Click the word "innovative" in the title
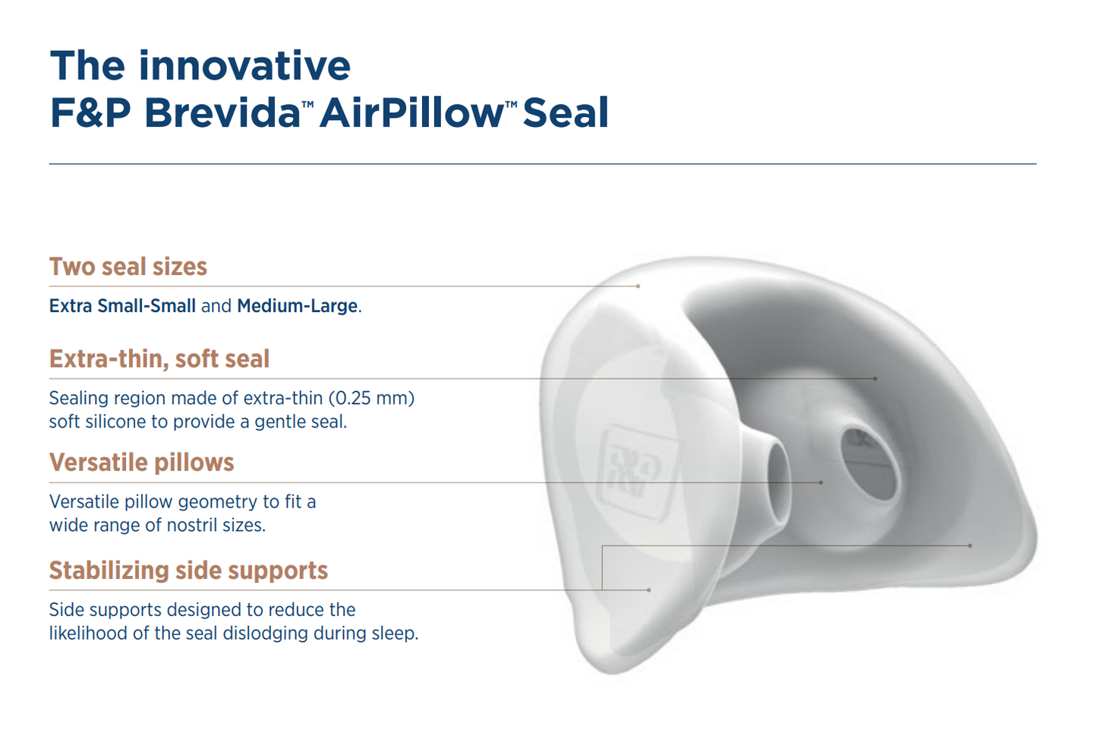(244, 65)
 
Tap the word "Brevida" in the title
(222, 112)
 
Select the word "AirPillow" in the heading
(411, 112)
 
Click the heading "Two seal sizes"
(128, 267)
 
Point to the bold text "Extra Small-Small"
(122, 306)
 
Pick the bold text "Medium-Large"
(298, 306)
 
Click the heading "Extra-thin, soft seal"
(159, 359)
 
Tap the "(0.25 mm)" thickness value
(372, 398)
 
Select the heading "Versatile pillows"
(141, 463)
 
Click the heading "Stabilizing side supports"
(188, 570)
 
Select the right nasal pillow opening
(870, 463)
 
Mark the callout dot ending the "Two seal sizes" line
(638, 286)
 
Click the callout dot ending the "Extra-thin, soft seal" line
(875, 378)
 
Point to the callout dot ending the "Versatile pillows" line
(821, 483)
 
